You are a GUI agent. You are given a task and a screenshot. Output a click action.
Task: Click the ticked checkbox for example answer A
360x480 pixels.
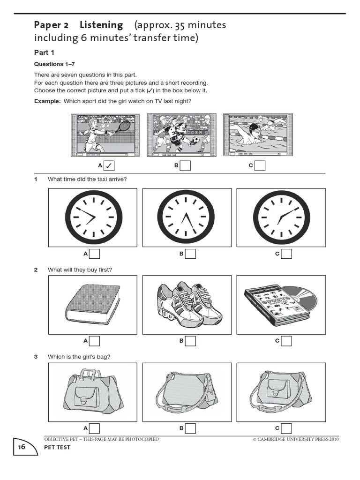[109, 165]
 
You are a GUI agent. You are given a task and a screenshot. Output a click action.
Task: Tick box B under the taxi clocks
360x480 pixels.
[190, 254]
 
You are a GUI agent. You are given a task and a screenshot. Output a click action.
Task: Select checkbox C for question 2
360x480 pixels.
[286, 341]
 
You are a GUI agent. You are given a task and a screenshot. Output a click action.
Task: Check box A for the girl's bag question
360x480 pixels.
[94, 428]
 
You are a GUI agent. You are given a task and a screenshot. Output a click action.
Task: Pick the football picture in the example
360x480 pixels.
[182, 135]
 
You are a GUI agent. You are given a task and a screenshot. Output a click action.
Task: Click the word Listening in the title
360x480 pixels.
[101, 25]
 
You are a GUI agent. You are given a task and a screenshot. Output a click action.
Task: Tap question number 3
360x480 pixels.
[36, 357]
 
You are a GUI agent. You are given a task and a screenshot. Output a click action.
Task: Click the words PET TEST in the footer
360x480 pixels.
[57, 447]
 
